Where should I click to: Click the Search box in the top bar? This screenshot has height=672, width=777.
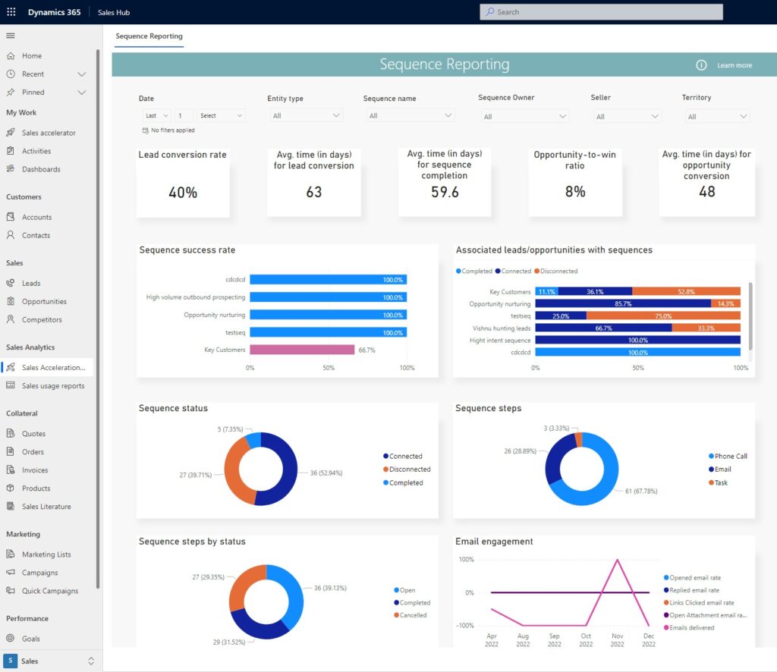click(x=601, y=12)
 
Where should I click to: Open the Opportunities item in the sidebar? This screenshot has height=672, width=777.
click(x=44, y=301)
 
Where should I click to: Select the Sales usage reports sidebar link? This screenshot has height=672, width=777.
click(x=53, y=386)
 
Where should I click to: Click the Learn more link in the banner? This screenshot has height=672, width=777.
click(x=735, y=65)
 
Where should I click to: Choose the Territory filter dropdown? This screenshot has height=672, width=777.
click(x=716, y=117)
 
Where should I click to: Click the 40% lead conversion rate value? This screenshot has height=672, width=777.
click(x=183, y=193)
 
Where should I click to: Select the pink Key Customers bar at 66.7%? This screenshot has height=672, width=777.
click(x=302, y=350)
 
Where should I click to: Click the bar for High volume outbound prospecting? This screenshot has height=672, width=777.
click(x=328, y=297)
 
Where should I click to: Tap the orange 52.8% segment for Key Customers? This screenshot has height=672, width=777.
click(x=686, y=291)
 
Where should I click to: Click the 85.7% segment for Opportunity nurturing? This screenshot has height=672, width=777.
click(x=622, y=303)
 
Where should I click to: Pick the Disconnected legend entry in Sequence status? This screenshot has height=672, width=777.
click(x=409, y=469)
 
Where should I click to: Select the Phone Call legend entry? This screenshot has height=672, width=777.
click(x=730, y=457)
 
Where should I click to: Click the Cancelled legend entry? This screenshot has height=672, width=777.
click(x=414, y=615)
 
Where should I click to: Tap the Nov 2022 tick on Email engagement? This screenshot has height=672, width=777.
click(x=617, y=640)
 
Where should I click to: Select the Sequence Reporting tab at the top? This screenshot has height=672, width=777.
click(x=149, y=36)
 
